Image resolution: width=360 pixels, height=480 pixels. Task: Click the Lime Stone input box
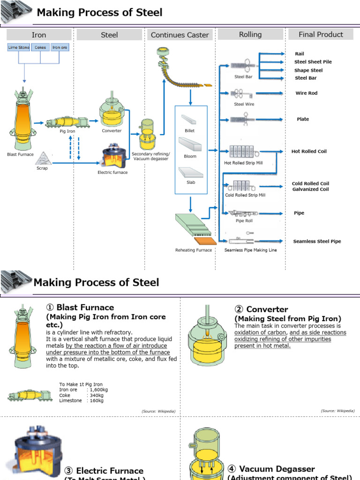pos(18,47)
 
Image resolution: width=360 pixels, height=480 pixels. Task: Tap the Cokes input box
pos(40,47)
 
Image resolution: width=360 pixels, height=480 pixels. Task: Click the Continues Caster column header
pos(180,35)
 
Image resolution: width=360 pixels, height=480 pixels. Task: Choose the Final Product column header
pos(321,34)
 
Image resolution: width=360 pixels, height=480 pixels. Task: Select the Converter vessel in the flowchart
pos(112,113)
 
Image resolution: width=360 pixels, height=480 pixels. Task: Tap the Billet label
pos(189,131)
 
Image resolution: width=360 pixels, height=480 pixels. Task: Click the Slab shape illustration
pos(190,173)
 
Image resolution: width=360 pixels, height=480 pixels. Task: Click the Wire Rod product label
pos(306,93)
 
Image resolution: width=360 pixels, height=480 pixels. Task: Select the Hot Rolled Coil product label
pos(309,151)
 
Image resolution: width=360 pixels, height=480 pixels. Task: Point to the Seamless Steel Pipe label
pos(317,241)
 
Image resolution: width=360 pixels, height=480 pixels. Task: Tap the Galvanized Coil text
pos(310,189)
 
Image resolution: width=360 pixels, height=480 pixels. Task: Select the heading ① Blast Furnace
pos(80,307)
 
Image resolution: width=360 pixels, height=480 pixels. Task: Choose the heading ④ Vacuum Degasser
pos(271,469)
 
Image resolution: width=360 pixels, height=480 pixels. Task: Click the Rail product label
pos(300,54)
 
